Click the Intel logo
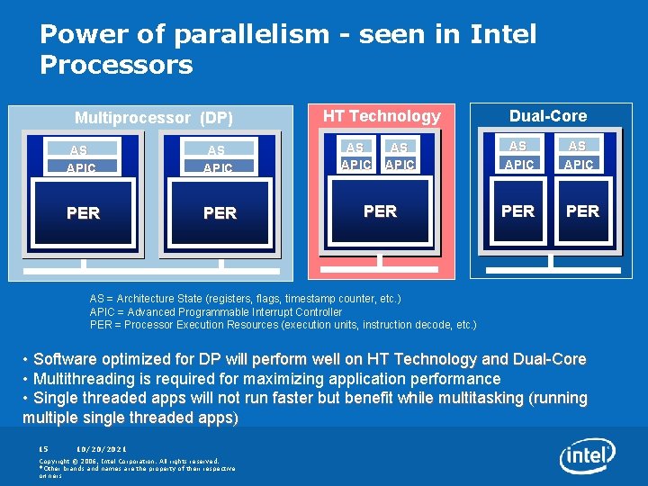click(587, 457)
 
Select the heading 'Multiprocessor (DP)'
click(153, 118)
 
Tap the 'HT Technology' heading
click(382, 116)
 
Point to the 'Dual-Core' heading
click(547, 116)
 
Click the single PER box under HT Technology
click(380, 211)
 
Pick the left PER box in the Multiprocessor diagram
click(83, 213)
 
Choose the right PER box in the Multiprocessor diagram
click(220, 213)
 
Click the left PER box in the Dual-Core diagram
click(517, 211)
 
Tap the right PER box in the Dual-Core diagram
click(582, 211)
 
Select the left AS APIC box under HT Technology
click(355, 156)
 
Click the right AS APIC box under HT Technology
click(399, 156)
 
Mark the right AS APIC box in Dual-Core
click(578, 155)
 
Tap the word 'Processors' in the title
click(116, 65)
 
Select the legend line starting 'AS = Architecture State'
click(245, 298)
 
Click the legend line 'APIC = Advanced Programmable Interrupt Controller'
click(216, 311)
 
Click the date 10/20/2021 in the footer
click(102, 449)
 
